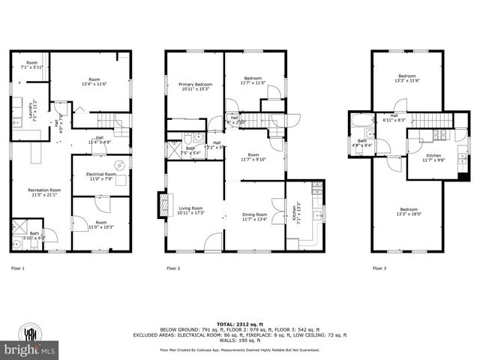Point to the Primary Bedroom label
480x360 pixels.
[195, 87]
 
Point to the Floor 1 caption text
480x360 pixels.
[18, 268]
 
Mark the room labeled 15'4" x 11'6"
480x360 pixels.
[94, 82]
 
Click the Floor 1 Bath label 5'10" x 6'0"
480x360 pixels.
[34, 235]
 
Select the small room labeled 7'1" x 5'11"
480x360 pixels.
[31, 64]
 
